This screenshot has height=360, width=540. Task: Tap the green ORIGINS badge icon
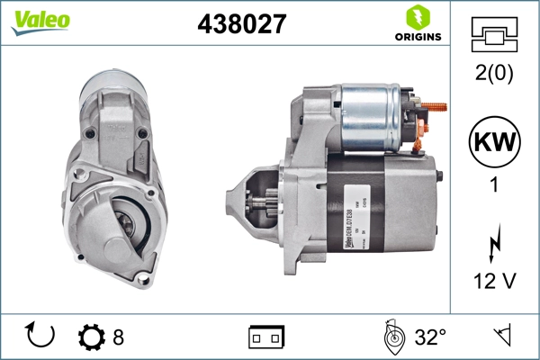point(416,17)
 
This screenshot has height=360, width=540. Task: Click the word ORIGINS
point(417,37)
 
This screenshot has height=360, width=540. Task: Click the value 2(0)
point(493,74)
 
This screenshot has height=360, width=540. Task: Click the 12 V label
point(493,282)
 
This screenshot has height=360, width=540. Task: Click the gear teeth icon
point(92,337)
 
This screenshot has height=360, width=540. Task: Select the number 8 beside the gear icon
point(118,337)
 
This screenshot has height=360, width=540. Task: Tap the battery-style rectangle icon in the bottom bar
point(265,337)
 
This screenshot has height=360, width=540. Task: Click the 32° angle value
point(430,337)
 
